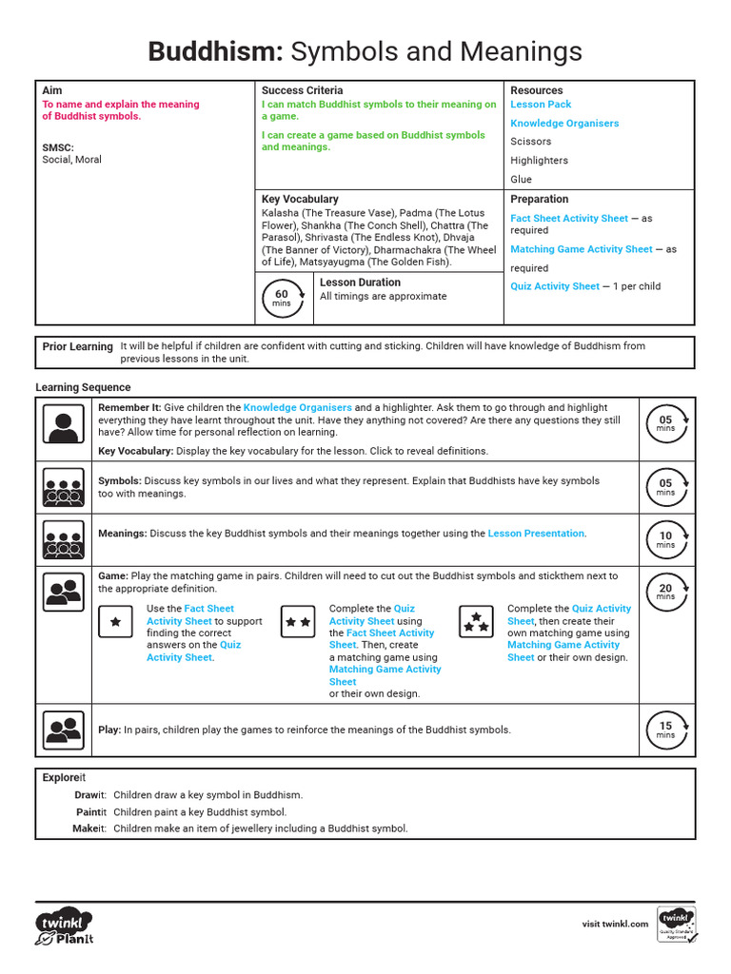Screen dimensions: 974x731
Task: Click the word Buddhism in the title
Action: pos(215,51)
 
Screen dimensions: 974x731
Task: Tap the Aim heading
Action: pos(52,90)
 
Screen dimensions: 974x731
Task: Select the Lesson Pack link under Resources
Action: pos(541,105)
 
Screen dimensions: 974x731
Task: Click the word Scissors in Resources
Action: pos(530,142)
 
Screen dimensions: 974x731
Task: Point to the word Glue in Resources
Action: pos(521,179)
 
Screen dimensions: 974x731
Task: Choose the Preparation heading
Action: pos(539,199)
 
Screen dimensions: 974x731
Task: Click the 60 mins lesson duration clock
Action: pos(282,299)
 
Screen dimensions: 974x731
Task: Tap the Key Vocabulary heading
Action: pos(300,200)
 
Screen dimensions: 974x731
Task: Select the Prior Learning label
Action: pos(77,347)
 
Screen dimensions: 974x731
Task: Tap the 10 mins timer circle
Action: pos(665,540)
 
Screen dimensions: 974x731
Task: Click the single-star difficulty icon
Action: pos(116,622)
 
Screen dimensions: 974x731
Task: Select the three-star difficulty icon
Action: pos(476,622)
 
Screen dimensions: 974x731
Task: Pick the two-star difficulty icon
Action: pos(298,622)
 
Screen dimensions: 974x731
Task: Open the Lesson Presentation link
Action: pos(536,534)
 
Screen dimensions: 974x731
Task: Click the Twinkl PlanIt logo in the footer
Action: pos(65,927)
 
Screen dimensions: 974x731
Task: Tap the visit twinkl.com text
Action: pos(615,924)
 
